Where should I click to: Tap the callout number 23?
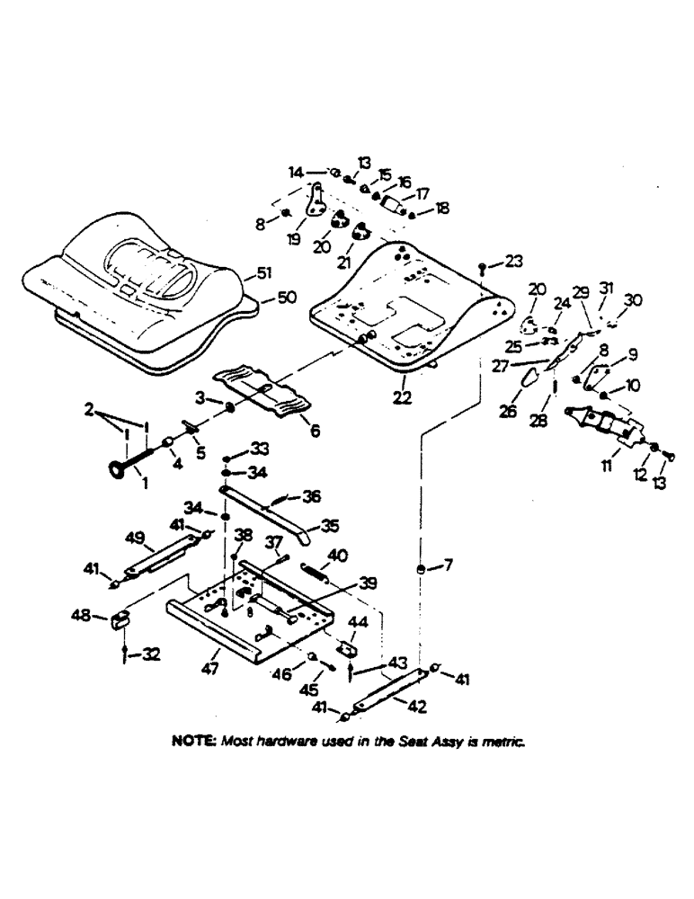pos(512,262)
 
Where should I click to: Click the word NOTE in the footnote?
pos(191,743)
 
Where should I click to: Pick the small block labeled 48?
pos(122,620)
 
